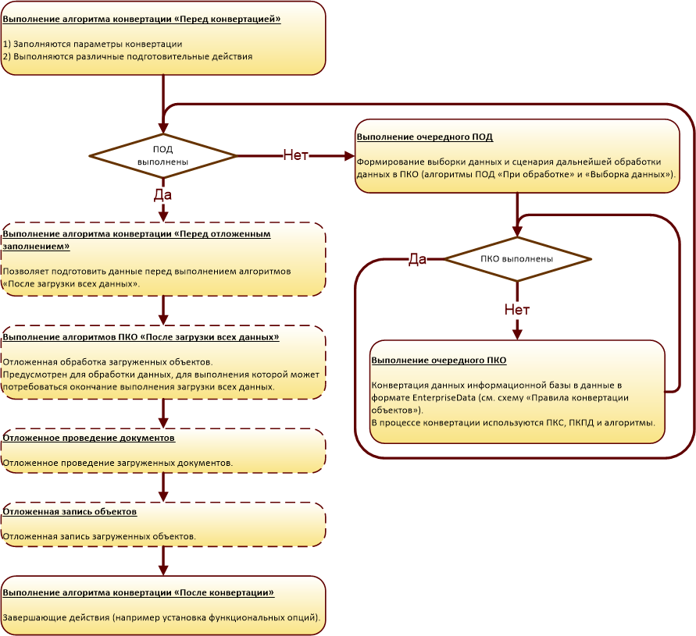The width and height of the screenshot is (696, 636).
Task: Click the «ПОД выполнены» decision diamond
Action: pos(162,155)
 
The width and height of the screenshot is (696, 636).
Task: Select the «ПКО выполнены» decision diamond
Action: pos(517,258)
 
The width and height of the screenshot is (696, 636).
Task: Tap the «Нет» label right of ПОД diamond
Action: pos(295,155)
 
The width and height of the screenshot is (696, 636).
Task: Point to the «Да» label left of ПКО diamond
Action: pos(417,259)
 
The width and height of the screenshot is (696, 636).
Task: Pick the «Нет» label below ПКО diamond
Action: pos(517,310)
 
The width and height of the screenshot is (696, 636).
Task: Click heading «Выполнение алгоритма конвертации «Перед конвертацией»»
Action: pos(141,19)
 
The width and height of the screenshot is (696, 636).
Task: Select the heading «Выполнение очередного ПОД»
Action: pos(425,137)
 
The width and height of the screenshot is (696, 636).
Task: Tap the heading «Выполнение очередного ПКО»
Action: pos(439,361)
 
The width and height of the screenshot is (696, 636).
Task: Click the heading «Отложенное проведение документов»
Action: pos(89,438)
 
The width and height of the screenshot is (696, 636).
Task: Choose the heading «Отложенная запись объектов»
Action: pos(70,512)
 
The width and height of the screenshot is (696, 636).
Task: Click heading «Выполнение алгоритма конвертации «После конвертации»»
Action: pos(138,592)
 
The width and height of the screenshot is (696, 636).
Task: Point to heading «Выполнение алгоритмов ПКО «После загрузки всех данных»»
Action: pos(141,337)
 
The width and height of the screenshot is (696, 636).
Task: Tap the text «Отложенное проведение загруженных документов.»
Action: pos(117,463)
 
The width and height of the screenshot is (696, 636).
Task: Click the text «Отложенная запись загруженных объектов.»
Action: pos(98,536)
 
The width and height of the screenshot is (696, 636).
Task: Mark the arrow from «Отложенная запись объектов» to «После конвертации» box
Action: pos(163,560)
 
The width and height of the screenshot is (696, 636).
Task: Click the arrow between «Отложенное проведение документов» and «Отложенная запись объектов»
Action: pos(163,487)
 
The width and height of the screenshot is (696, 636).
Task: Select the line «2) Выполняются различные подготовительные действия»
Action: pos(127,56)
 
